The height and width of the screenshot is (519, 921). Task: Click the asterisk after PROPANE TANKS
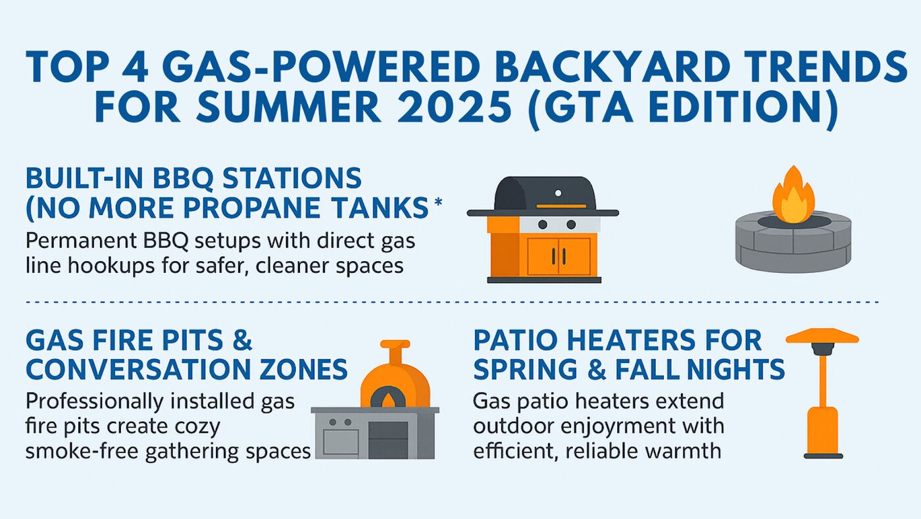click(x=438, y=201)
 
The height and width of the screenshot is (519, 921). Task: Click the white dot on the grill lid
click(x=558, y=193)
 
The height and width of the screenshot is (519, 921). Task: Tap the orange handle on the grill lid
click(x=561, y=206)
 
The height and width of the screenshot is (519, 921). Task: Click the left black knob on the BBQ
click(x=543, y=224)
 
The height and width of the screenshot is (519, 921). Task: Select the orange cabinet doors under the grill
click(x=559, y=257)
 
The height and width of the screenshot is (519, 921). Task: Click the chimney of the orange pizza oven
click(x=395, y=352)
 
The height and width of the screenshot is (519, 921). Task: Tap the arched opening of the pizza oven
click(x=388, y=397)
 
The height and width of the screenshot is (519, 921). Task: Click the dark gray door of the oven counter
click(x=388, y=440)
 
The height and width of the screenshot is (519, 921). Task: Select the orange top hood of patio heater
click(x=822, y=336)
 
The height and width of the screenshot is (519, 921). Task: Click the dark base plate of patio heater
click(x=824, y=456)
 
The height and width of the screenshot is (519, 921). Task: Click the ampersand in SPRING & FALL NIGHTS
click(x=597, y=369)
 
